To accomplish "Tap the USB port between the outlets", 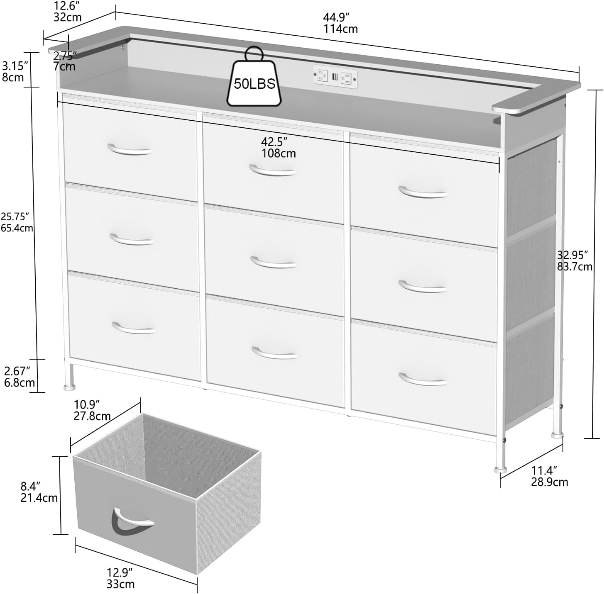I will coord(335,77).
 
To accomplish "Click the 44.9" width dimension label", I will coord(336,17).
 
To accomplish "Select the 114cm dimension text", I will coord(340,29).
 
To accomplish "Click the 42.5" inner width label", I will coord(274,141).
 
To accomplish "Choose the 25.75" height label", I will coord(15,216).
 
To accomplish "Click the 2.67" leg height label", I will coord(17,370).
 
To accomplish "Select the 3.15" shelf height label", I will coord(15,66).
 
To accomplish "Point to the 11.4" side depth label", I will coord(544,470).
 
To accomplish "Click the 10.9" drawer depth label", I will coord(87,404).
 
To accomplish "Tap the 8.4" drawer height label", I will coord(31,485).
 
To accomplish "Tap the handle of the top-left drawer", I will coord(129,150).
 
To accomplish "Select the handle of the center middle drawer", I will coord(273,263).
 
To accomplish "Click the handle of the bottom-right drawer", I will coord(423,379).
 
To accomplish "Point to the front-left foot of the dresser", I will coord(69,387).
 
